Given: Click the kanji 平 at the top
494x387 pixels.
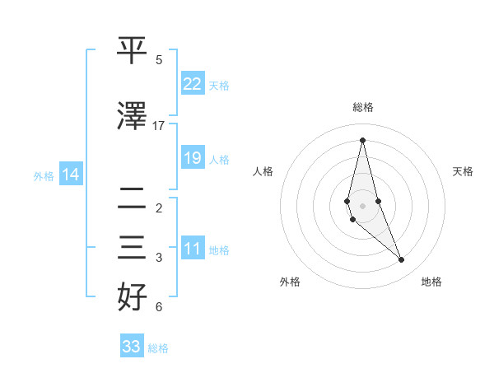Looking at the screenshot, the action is tap(133, 51).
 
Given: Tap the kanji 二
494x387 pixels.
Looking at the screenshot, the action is tap(133, 197).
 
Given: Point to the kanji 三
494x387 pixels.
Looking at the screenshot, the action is tap(133, 247).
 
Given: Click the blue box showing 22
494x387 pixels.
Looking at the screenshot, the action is tap(193, 84).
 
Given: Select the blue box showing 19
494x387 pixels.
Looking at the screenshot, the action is tap(193, 158).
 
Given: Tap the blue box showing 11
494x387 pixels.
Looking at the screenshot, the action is tap(193, 249).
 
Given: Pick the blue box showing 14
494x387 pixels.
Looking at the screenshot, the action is tap(71, 175).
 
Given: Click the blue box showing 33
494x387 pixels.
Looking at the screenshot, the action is tap(132, 347).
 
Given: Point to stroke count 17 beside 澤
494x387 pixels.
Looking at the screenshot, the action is tap(159, 126).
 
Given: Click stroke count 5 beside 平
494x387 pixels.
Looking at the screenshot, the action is tap(159, 60).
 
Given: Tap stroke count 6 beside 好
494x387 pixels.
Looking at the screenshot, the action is tap(159, 307).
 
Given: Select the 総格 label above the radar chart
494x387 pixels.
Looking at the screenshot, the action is tap(362, 107).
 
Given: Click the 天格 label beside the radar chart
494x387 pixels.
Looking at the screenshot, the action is tap(464, 171).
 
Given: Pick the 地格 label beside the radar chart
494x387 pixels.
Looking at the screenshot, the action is tap(431, 282).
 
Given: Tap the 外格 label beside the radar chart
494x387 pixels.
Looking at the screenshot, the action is tap(290, 282).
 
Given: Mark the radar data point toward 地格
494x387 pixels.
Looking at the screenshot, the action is tap(402, 260).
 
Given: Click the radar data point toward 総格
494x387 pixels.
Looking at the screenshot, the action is tap(362, 140).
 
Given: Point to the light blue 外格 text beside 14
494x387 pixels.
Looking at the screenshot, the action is tap(44, 175).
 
